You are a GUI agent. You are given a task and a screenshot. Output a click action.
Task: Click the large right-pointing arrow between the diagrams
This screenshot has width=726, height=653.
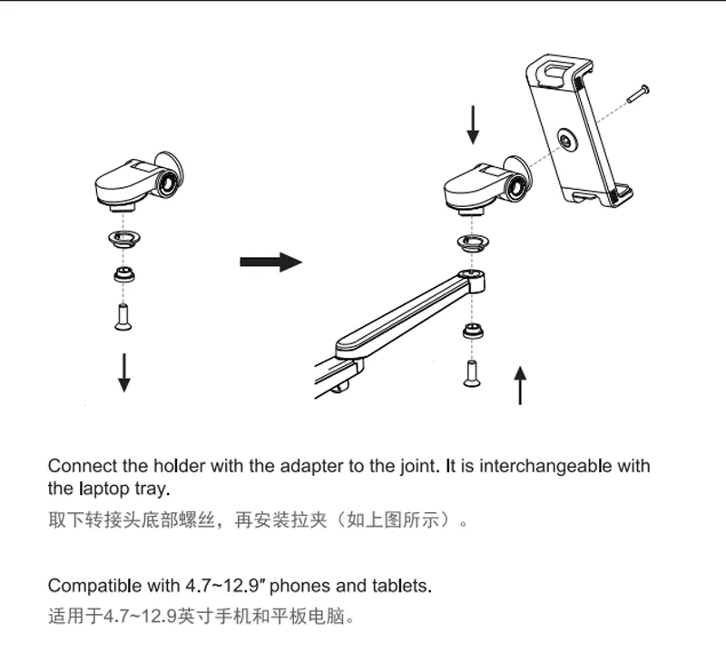coord(270,262)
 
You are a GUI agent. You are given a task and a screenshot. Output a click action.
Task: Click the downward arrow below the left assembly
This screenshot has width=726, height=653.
coord(124,372)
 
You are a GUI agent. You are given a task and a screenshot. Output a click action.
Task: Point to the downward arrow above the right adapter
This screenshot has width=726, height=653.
coord(472,124)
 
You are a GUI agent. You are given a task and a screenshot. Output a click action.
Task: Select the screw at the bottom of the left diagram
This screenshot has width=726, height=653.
coord(123,316)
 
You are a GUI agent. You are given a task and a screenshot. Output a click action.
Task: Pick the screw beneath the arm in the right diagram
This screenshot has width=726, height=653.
coord(471,372)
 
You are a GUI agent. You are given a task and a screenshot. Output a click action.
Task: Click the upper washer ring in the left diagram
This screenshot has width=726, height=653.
coord(123,239)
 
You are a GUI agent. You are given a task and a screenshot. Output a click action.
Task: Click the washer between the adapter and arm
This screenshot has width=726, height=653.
coord(471,241)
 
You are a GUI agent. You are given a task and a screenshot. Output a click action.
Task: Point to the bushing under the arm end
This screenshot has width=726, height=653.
coord(471,330)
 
